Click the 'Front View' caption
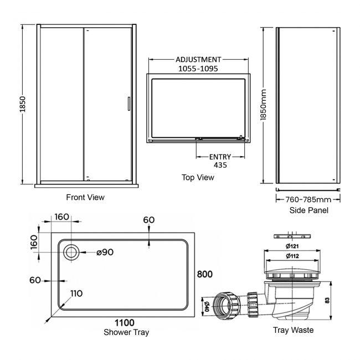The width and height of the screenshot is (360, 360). coord(85,197)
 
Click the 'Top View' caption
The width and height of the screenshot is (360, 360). coord(198,178)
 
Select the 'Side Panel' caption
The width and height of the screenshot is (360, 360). coord(308,210)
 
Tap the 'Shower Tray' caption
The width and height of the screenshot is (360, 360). coord(126,332)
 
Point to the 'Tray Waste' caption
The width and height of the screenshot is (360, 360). coord(293,330)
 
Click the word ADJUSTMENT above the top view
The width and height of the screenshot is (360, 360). coord(198,60)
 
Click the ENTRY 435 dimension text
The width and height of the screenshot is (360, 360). coord(220,161)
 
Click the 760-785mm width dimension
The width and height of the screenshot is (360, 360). coord(308,199)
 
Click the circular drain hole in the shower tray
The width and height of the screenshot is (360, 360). coord(71,253)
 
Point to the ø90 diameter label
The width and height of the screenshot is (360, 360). coord(105,253)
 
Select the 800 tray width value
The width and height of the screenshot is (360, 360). coord(205,274)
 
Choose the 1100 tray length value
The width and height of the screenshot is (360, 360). coord(125,322)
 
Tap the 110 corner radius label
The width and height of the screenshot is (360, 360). coord(77,294)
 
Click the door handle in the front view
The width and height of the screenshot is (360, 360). coord(128,105)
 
